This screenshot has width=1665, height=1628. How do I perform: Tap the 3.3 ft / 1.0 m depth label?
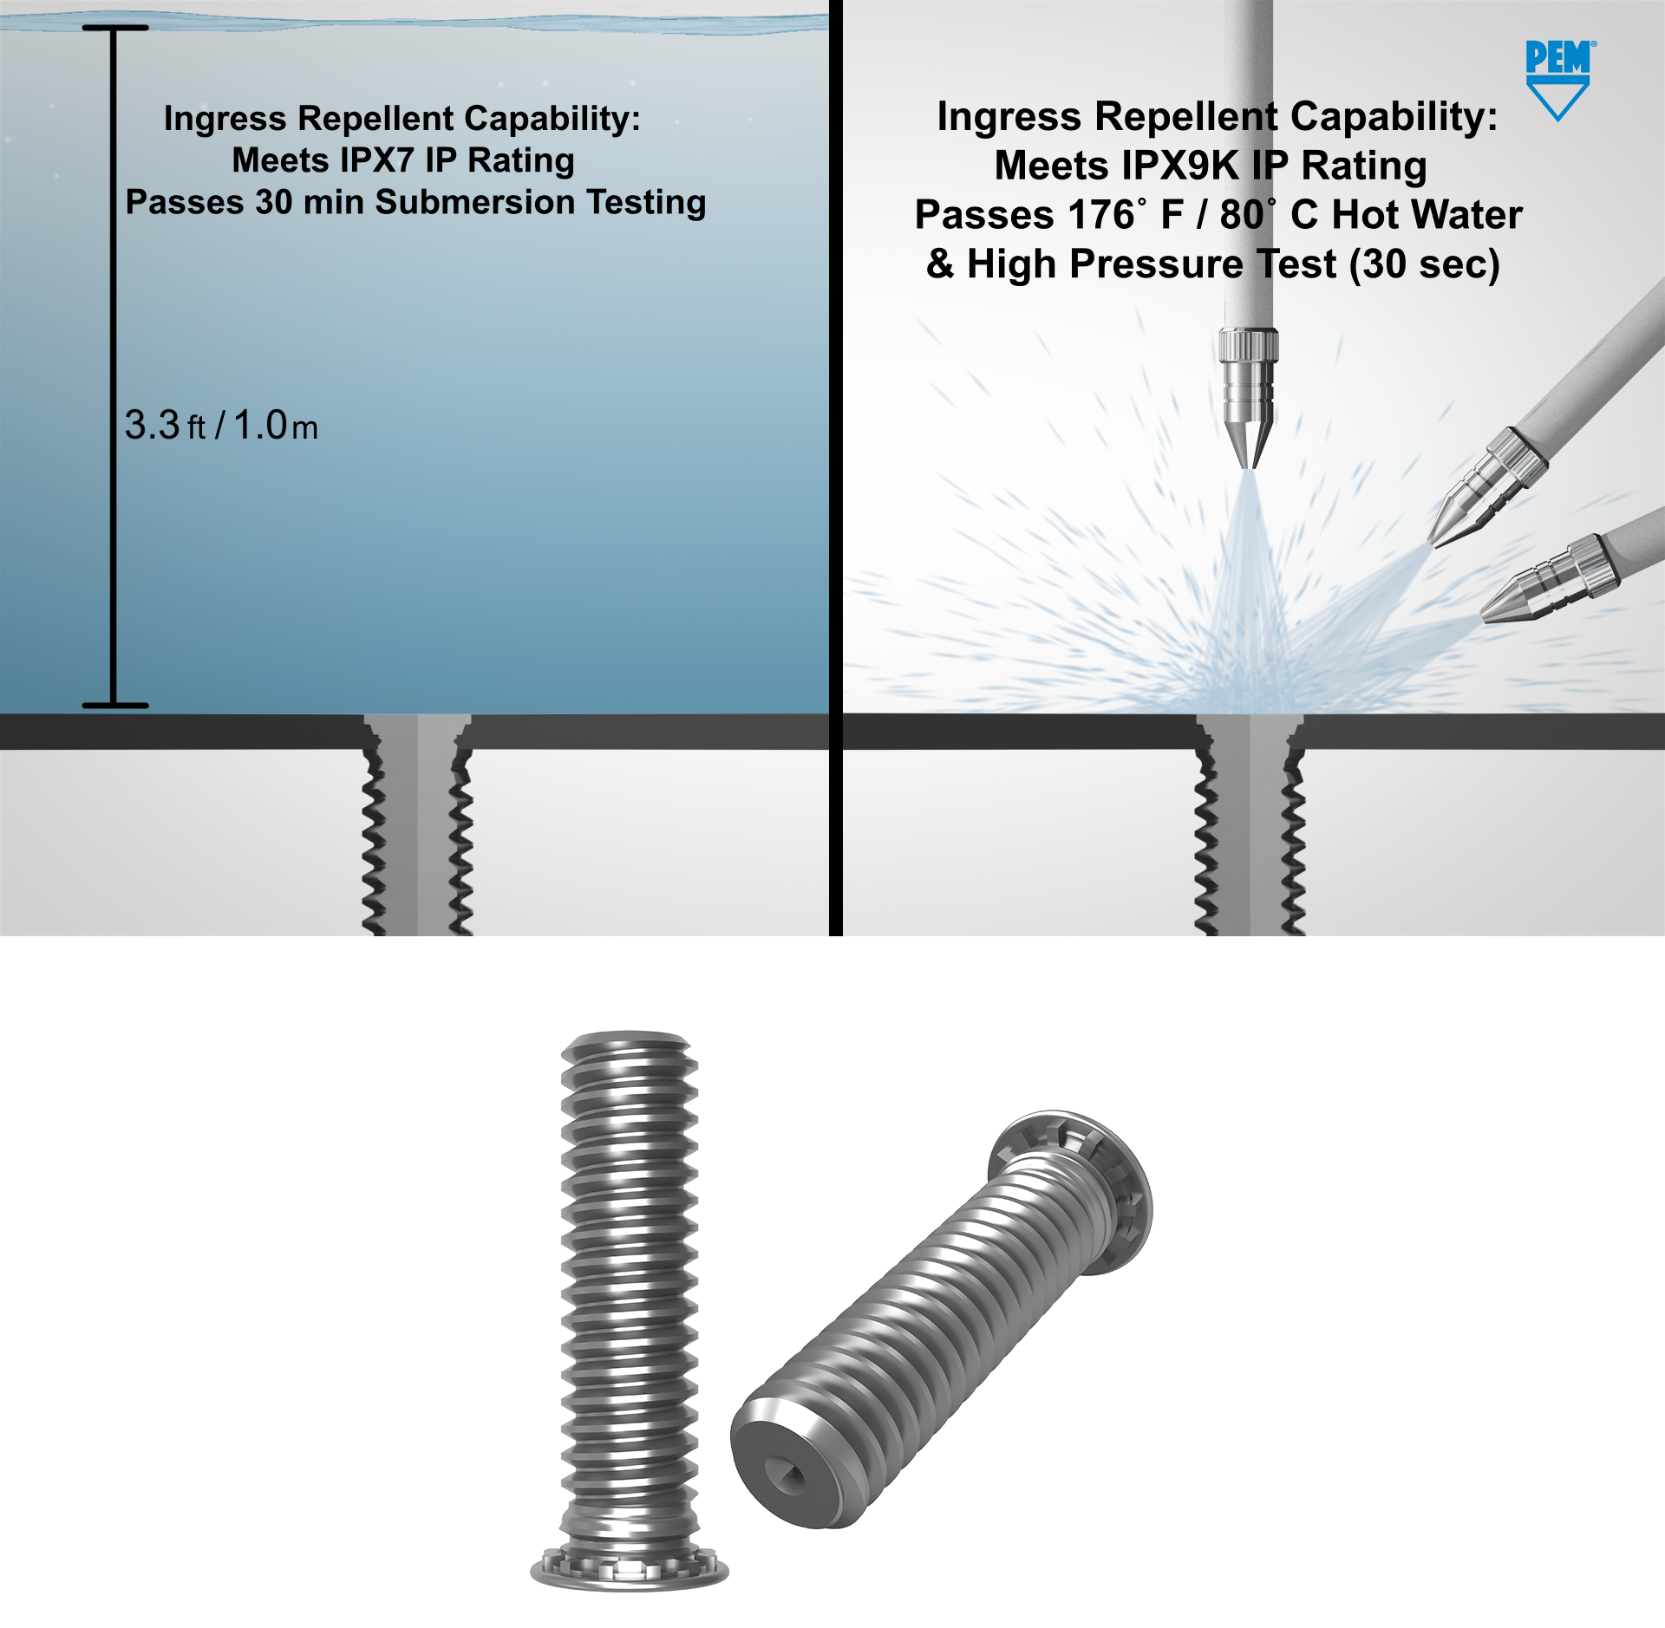[x=221, y=426]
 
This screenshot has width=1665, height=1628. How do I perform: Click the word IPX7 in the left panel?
[x=376, y=160]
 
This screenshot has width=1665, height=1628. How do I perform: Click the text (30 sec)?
[x=1424, y=264]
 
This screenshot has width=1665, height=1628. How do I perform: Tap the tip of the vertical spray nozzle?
[x=1249, y=463]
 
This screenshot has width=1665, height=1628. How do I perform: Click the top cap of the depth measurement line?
[x=115, y=28]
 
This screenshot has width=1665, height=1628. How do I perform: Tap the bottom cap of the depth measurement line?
[x=115, y=706]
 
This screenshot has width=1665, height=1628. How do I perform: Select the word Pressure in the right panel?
[x=1157, y=264]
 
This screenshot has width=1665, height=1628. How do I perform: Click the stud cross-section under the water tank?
[x=417, y=824]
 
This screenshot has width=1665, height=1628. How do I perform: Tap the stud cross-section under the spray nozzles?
[x=1250, y=824]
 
